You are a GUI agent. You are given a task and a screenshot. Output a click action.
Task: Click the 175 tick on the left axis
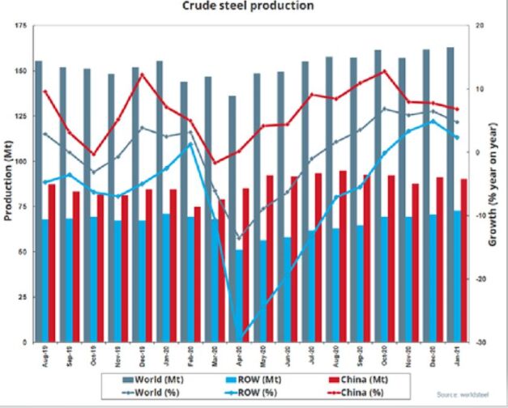[20, 27]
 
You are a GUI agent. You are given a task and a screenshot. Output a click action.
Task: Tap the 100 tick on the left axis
[20, 162]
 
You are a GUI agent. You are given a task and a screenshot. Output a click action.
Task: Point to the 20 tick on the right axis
[480, 27]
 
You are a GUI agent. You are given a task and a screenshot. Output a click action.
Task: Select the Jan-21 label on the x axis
[456, 355]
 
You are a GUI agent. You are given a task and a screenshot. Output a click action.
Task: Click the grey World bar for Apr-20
[233, 219]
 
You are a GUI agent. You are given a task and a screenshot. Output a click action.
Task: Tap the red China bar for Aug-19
[52, 263]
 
